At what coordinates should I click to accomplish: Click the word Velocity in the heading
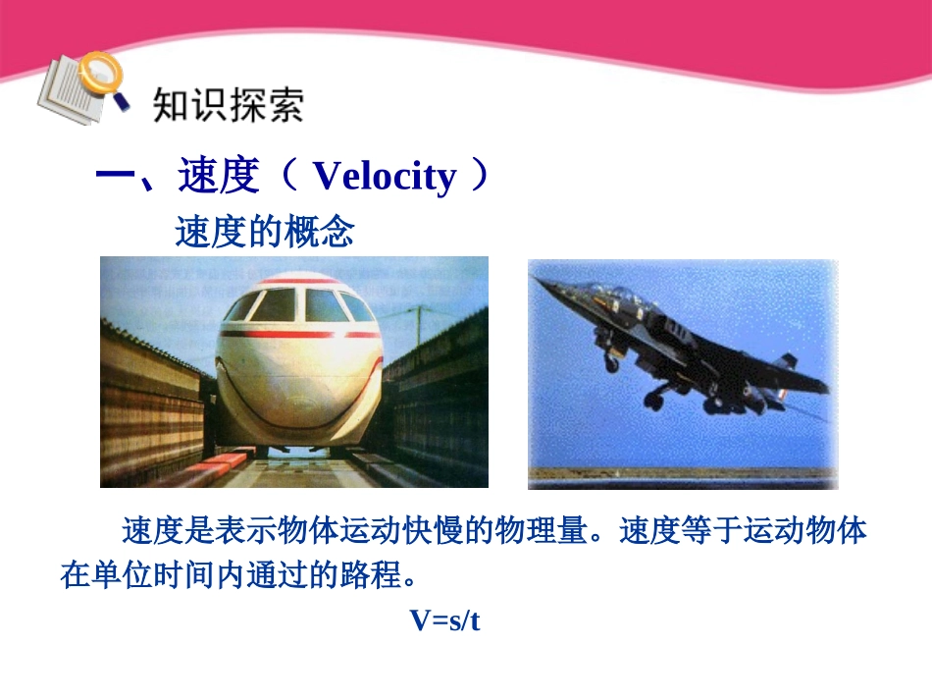click(385, 177)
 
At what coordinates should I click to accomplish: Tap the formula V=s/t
click(444, 620)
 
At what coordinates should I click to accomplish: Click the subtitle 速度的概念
click(264, 233)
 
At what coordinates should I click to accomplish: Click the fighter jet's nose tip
click(537, 279)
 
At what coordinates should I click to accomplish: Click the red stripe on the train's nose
click(294, 335)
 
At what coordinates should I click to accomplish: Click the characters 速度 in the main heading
click(219, 177)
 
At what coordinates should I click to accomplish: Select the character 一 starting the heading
click(115, 178)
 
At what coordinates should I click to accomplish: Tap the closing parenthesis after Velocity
click(479, 177)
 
